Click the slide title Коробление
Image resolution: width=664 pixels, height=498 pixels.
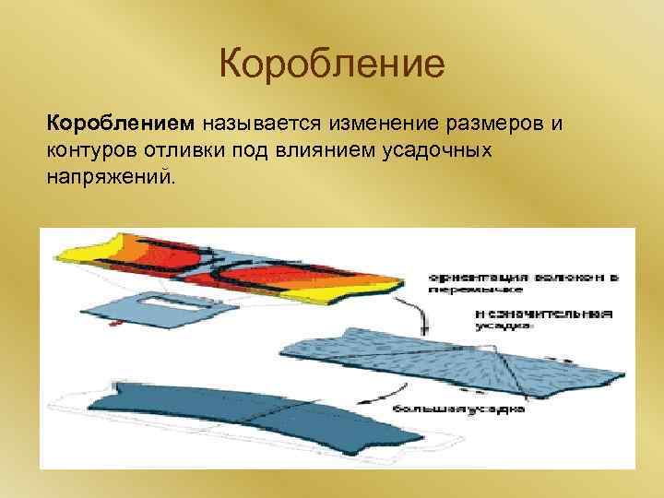click(x=332, y=65)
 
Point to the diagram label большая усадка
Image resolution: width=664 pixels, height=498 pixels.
click(x=458, y=408)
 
